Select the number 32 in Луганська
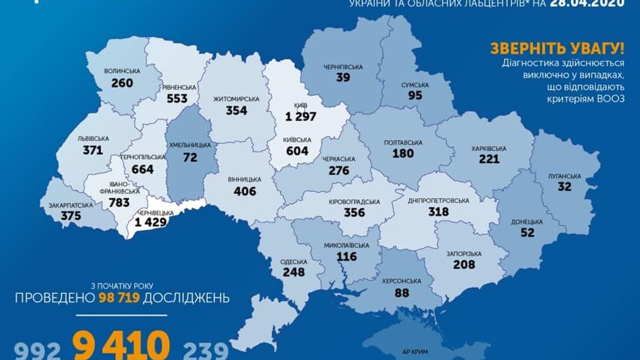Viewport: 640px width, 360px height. pos(564,187)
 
